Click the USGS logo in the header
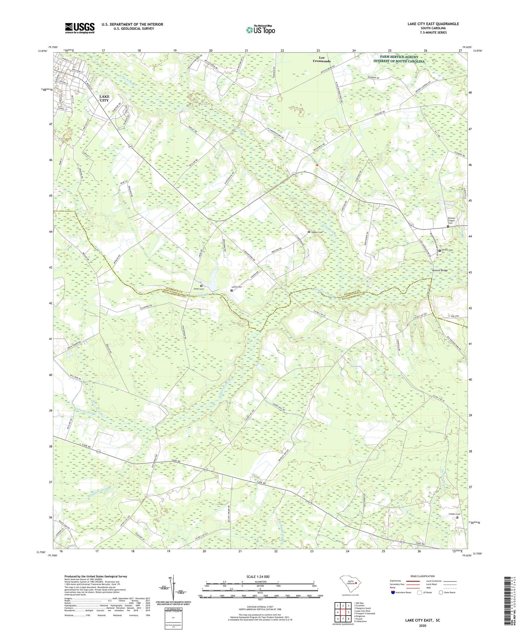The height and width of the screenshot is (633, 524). tap(80, 28)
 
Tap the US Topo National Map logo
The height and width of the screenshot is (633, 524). tap(260, 30)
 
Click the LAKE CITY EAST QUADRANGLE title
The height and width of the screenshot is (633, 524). tap(433, 24)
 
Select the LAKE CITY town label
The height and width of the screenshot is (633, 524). tap(104, 98)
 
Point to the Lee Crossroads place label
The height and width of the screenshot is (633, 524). tap(322, 59)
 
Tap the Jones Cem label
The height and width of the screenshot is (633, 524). tap(199, 289)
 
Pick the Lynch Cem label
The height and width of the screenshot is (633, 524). tap(237, 287)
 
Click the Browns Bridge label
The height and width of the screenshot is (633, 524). tap(440, 270)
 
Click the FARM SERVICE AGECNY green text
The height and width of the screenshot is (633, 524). tap(399, 57)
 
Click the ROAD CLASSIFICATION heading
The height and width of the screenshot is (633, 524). tap(422, 576)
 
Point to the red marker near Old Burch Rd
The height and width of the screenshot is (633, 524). tap(317, 165)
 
